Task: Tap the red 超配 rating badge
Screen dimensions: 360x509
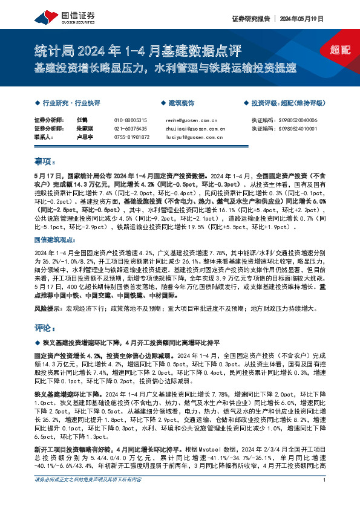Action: [342, 50]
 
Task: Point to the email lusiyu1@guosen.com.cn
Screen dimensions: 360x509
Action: [194, 138]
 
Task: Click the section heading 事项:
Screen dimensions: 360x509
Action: [45, 161]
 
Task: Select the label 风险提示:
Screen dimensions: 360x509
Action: [48, 309]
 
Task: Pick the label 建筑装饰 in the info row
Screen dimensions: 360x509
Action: [180, 103]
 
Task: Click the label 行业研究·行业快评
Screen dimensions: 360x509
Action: [71, 103]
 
